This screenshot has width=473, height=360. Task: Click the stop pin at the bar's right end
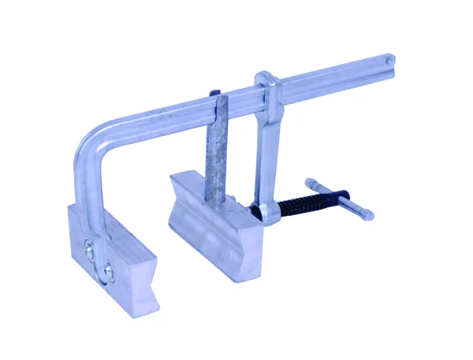[x=387, y=58]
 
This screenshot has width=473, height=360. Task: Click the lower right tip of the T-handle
[x=367, y=214]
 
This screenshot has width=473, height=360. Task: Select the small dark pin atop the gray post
[x=215, y=93]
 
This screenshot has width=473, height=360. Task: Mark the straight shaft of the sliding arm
[x=261, y=150]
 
